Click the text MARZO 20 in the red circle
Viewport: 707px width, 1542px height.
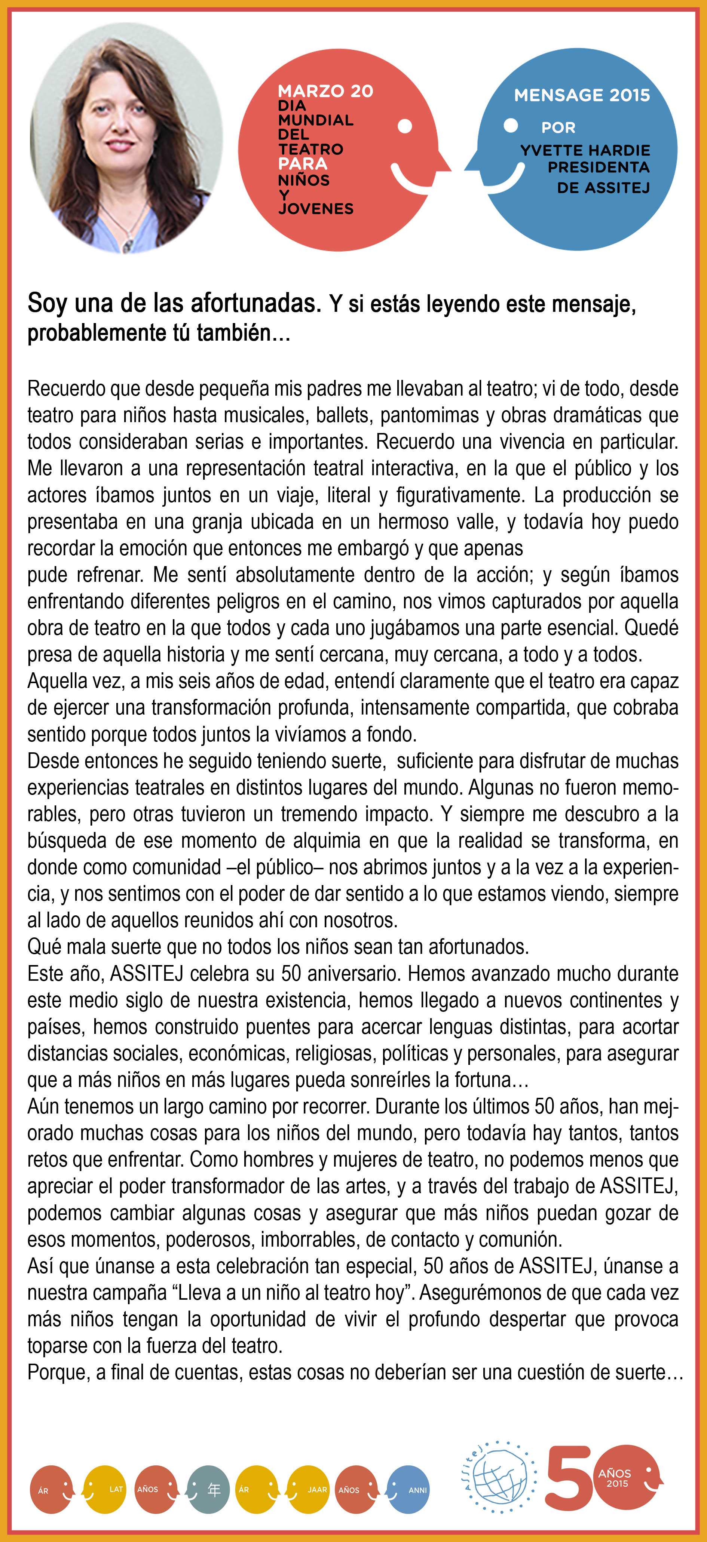pyautogui.click(x=325, y=91)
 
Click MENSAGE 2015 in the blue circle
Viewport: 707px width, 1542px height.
pyautogui.click(x=581, y=95)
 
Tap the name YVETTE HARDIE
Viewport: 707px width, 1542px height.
pyautogui.click(x=585, y=150)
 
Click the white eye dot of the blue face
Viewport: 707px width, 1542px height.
pyautogui.click(x=511, y=126)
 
